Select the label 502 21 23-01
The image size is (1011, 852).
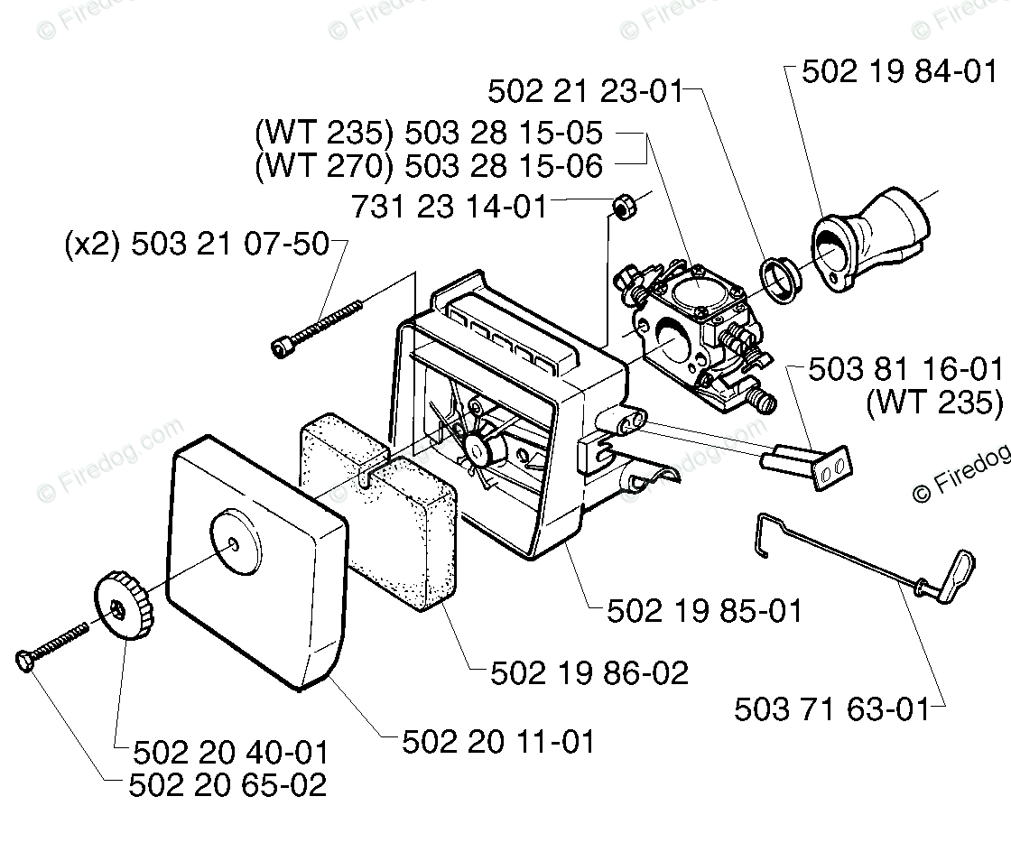tap(584, 91)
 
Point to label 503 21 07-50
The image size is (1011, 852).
tap(230, 244)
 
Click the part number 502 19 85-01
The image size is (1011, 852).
tap(704, 611)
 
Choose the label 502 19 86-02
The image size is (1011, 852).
tap(589, 672)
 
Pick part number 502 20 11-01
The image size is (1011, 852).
tap(498, 742)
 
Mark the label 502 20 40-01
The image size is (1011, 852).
tap(230, 752)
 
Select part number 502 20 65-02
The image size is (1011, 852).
tap(227, 785)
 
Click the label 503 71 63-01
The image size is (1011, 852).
tap(831, 708)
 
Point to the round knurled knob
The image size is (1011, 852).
tap(121, 605)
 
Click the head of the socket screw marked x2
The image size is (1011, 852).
tap(283, 347)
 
